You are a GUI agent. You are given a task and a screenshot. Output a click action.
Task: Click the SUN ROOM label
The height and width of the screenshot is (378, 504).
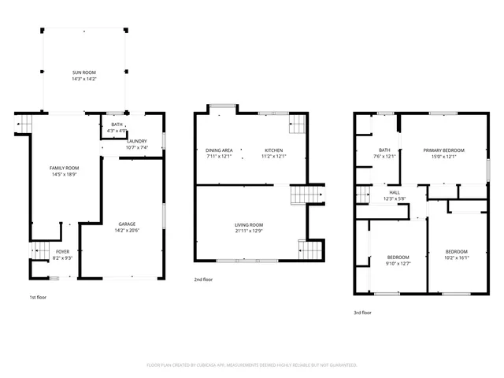click(85, 72)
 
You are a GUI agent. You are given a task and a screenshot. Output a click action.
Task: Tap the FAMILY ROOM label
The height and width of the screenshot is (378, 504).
click(65, 167)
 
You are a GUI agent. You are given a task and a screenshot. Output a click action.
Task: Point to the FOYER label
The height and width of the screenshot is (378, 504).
click(62, 251)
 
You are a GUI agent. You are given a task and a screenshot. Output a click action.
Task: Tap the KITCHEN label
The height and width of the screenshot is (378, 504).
click(273, 150)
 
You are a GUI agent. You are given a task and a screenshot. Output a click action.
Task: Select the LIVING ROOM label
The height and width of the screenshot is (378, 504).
click(250, 224)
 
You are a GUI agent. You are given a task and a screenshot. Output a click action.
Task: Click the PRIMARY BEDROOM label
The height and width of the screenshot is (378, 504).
click(443, 150)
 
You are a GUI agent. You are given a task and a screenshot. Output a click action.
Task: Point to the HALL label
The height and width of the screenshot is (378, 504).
click(395, 192)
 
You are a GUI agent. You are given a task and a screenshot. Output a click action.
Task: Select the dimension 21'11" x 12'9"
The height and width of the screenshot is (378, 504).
click(250, 231)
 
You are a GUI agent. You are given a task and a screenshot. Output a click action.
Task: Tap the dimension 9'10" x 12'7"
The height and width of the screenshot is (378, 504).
click(398, 264)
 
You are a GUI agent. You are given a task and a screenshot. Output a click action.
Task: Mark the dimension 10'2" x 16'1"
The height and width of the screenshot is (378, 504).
click(457, 258)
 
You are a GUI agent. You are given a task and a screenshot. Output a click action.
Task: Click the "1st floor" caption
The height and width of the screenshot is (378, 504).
click(38, 298)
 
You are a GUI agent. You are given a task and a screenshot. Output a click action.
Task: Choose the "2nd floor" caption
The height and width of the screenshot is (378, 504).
click(203, 279)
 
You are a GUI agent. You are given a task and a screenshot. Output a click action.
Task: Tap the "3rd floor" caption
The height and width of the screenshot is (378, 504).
click(362, 313)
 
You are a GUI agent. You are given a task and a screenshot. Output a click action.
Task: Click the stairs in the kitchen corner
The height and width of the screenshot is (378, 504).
click(298, 123)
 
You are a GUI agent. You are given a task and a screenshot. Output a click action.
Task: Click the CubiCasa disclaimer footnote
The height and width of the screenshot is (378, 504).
click(252, 365)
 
